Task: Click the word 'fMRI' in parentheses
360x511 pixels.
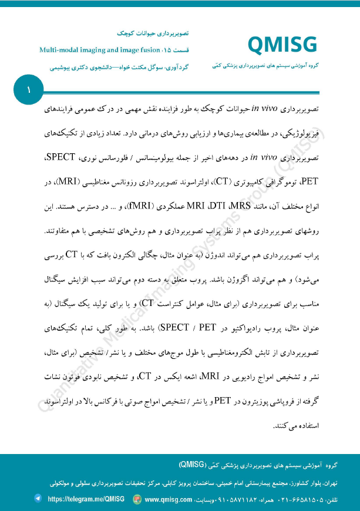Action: (x=155, y=208)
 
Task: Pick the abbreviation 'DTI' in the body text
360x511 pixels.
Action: (x=220, y=208)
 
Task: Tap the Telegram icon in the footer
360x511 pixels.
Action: (x=39, y=499)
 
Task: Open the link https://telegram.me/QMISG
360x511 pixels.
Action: (x=86, y=499)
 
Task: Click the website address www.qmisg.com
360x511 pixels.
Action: (x=169, y=499)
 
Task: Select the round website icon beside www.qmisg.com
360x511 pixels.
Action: (x=137, y=499)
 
